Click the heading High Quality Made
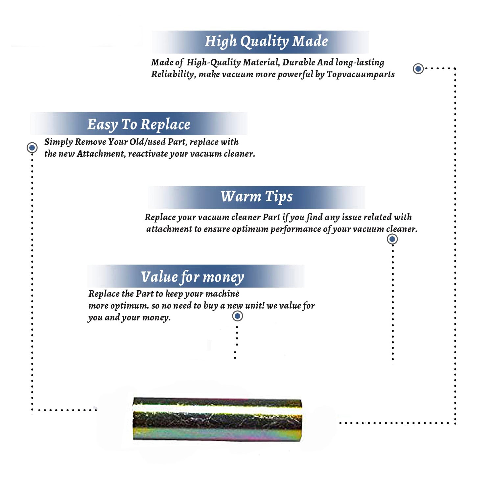click(266, 42)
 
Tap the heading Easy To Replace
click(139, 125)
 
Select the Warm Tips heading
click(256, 197)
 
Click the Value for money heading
click(193, 277)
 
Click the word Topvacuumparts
click(361, 74)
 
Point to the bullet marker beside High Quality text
click(418, 69)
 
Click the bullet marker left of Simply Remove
click(32, 148)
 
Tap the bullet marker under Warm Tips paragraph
click(392, 239)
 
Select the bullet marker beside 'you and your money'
click(237, 316)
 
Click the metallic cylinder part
click(217, 419)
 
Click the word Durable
click(298, 62)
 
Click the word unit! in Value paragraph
click(254, 306)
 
